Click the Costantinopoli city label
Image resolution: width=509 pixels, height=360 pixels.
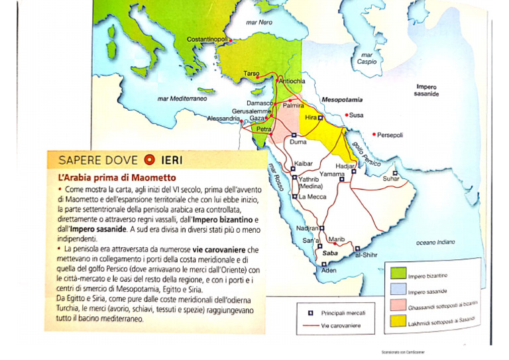click(x=207, y=40)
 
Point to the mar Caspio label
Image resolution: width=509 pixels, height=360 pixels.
click(x=367, y=58)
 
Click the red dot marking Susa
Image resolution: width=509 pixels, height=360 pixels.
click(x=346, y=114)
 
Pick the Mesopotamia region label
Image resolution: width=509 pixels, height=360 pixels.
click(x=341, y=99)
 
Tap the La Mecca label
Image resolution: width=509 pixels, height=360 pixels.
click(x=311, y=196)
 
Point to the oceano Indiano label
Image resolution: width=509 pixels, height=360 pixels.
click(x=435, y=243)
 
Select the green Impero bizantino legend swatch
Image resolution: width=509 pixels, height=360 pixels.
click(x=398, y=273)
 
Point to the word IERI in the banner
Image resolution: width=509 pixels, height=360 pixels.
click(x=172, y=160)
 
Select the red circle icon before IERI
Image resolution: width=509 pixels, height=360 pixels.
click(x=149, y=160)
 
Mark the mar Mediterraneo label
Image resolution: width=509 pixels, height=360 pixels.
click(x=182, y=98)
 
